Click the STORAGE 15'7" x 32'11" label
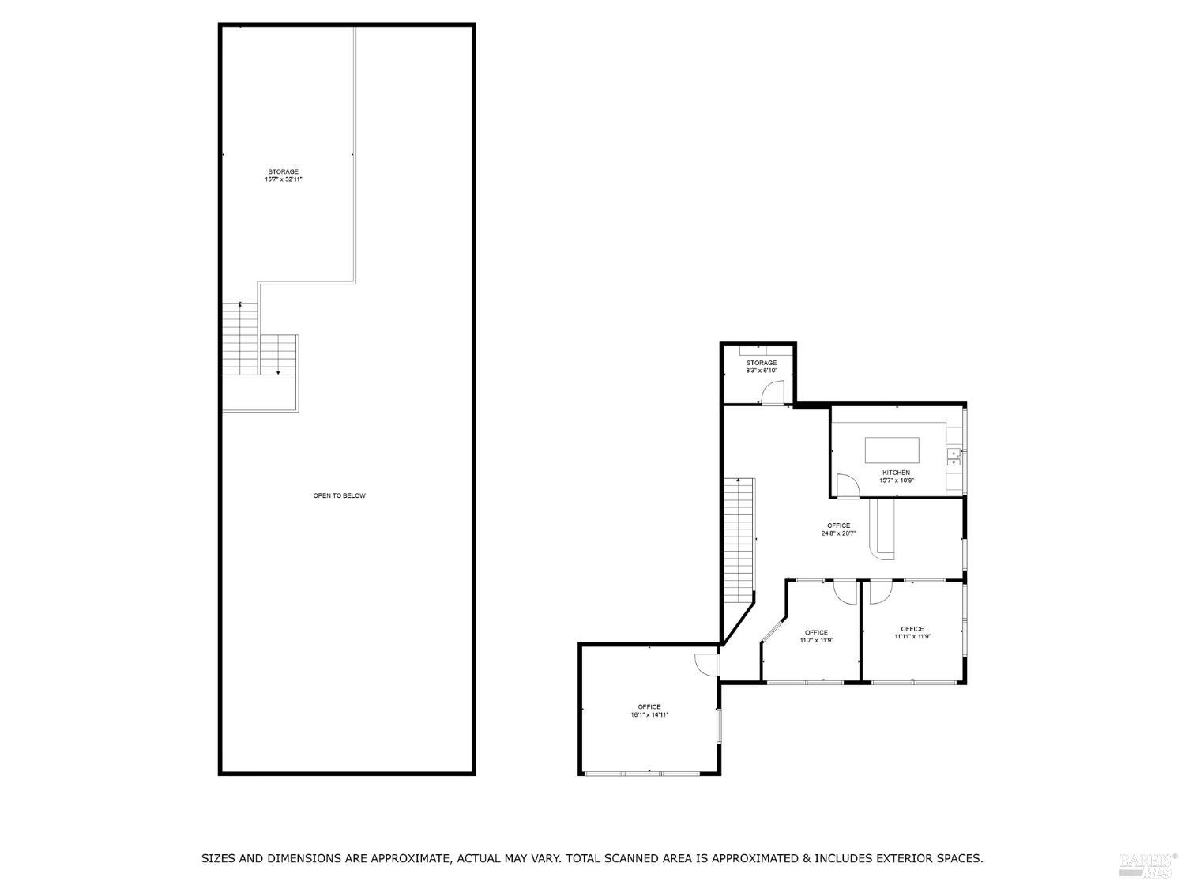pos(284,175)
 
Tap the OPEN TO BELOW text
pos(340,496)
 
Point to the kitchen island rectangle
pos(892,450)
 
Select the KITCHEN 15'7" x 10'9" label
pos(896,477)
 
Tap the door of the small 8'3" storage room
pos(772,393)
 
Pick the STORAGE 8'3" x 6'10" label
pos(762,367)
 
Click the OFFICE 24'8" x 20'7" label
pos(838,529)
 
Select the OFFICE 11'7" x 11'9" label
pos(816,636)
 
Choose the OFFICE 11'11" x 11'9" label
pos(912,633)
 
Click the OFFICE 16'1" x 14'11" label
pos(649,710)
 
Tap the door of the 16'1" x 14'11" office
pos(706,665)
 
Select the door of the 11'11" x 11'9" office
pos(880,592)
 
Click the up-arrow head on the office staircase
pos(738,480)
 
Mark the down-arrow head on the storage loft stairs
pos(278,372)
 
